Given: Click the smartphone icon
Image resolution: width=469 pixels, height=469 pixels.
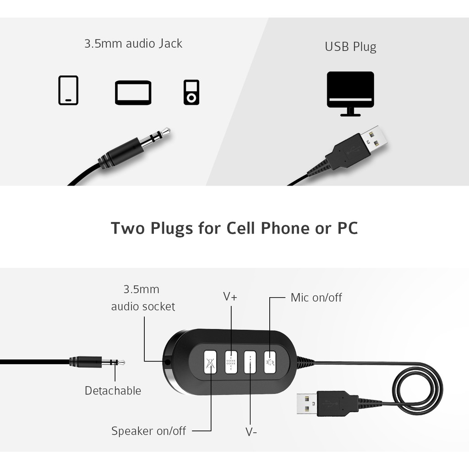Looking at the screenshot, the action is pos(68,90).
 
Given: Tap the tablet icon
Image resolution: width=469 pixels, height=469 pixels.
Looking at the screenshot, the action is pos(133,93).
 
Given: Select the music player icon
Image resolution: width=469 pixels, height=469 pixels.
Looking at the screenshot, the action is pos(191,93).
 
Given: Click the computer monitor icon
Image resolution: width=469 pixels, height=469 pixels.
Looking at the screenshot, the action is pos(350,93).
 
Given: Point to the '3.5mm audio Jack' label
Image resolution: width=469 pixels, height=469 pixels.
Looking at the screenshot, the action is pos(133,44).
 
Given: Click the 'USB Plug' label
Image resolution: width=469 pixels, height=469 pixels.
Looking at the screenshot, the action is pos(350,47).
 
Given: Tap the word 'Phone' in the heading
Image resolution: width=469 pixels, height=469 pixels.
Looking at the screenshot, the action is pos(285,228).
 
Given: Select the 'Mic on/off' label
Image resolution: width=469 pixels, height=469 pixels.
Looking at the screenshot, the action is pos(316,298).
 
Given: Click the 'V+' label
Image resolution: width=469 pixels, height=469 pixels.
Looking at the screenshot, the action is pos(230,296).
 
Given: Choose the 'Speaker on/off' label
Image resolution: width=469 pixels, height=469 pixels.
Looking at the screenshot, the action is pos(149,431).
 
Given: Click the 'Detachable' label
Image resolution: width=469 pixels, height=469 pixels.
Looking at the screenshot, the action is pos(113,391).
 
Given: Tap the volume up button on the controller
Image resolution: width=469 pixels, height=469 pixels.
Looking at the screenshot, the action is pos(231,362).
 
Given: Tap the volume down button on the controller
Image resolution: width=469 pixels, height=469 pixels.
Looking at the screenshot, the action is pos(250,362).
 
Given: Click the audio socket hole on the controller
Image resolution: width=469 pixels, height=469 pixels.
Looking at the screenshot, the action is pos(168,362).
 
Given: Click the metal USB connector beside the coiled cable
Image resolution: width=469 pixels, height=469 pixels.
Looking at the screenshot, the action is pos(307,404).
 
